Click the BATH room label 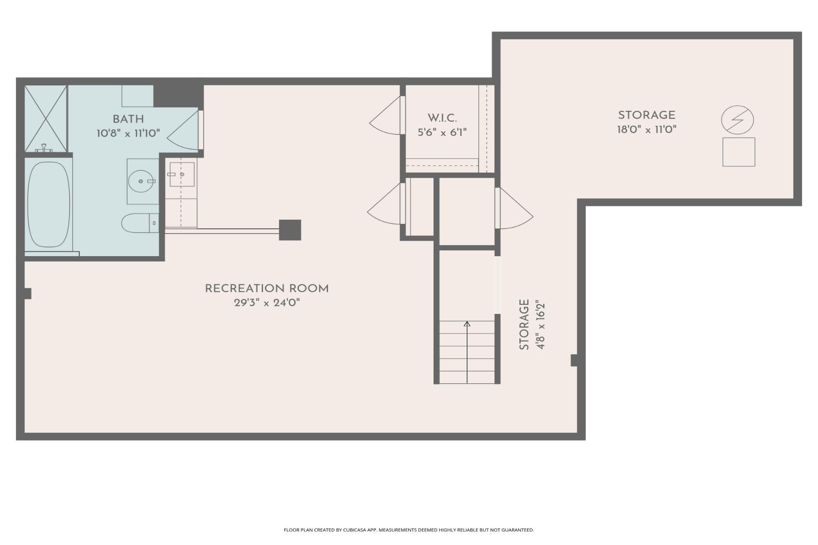tap(128, 119)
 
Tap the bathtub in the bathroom tap(49, 204)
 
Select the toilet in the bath tap(139, 223)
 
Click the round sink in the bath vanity tap(141, 181)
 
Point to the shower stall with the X tap(45, 119)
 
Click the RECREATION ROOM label tap(267, 288)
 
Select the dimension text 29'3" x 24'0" tap(267, 303)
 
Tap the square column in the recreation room tap(290, 230)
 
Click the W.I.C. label tap(442, 118)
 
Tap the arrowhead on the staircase tap(467, 324)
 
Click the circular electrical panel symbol tap(737, 120)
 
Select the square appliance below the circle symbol tap(738, 152)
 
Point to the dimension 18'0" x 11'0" tap(646, 130)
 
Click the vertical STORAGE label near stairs tap(524, 324)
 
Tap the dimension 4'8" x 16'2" tap(540, 324)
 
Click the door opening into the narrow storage tap(514, 208)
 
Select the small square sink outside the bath tap(182, 174)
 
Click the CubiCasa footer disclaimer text tap(409, 530)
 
